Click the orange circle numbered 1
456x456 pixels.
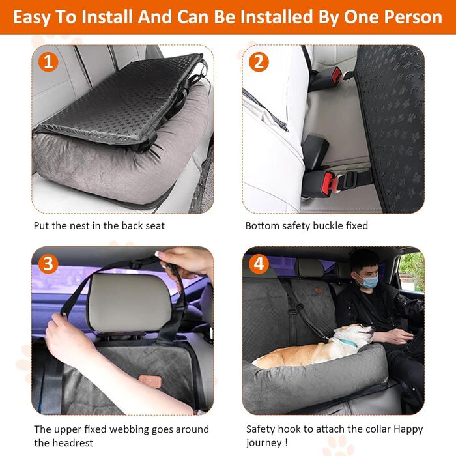pos(48,62)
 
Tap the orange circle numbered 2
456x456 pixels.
pos(259,62)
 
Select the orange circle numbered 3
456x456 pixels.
pos(48,264)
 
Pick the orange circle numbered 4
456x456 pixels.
pos(259,264)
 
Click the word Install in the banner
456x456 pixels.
pos(107,17)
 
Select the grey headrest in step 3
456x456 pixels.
pos(130,302)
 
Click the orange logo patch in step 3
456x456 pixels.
pos(150,380)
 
